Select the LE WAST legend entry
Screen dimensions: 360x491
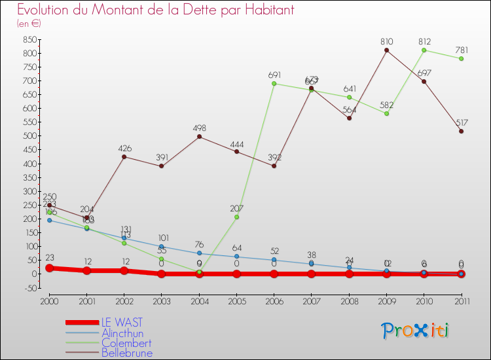point(122,323)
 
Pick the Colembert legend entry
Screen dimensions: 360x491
point(126,343)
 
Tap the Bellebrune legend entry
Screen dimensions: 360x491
point(127,353)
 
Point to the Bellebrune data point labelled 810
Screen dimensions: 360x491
point(387,50)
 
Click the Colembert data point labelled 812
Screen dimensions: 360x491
point(424,50)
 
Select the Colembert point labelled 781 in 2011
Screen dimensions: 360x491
point(462,59)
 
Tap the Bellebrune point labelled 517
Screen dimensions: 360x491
point(462,132)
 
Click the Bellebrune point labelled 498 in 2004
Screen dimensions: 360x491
point(199,137)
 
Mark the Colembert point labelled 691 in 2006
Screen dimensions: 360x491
point(274,84)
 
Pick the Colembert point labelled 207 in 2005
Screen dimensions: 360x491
point(237,217)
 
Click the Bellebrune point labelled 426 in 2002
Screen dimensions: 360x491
point(124,156)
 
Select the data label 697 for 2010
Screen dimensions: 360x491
point(424,72)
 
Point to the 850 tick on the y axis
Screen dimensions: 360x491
point(29,39)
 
